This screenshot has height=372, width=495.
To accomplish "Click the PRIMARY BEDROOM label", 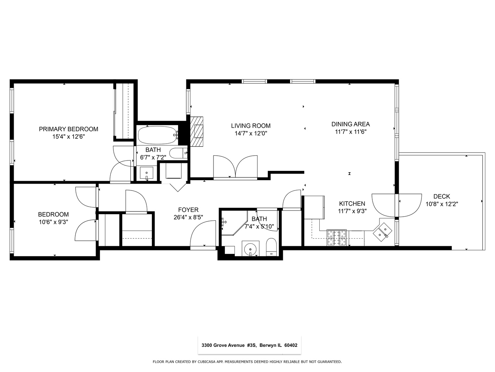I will (x=68, y=129).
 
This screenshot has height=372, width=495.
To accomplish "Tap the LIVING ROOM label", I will (x=251, y=126).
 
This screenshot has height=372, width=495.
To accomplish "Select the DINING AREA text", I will (x=350, y=124).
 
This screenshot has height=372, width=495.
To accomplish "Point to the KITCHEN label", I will (x=352, y=204).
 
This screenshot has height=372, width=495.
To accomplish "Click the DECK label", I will (x=441, y=196).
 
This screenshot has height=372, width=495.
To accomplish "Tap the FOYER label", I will (x=188, y=210).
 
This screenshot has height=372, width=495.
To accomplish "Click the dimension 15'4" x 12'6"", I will (x=68, y=137).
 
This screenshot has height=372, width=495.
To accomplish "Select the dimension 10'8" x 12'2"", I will (x=441, y=204).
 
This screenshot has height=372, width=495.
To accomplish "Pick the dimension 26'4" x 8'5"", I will (x=188, y=217).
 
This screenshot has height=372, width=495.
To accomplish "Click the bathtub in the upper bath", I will (x=157, y=135).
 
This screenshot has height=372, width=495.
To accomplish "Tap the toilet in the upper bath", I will (x=178, y=153).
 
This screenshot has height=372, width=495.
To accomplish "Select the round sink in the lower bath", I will (x=251, y=248).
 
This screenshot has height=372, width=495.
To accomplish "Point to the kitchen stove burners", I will (x=336, y=238).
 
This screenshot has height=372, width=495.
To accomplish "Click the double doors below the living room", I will (x=235, y=167).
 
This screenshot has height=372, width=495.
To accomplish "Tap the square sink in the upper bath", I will (x=147, y=172).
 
